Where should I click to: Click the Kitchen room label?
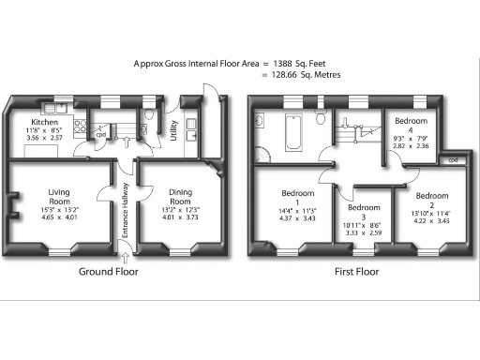(46, 122)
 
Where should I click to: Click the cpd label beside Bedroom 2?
(452, 159)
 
